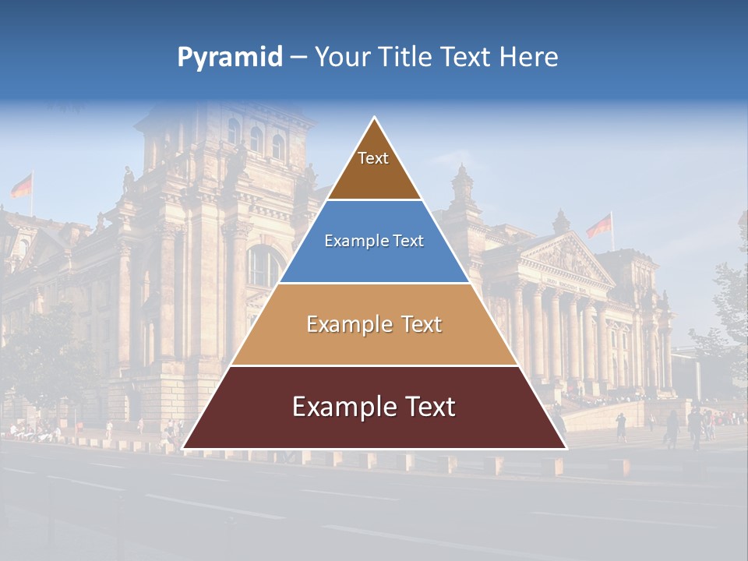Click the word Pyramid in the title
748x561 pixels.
[230, 58]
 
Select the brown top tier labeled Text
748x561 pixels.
[373, 168]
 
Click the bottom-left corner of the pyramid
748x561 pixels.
[185, 447]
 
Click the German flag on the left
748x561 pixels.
[22, 185]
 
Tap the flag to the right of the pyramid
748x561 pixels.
[599, 227]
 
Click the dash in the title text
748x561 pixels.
[298, 58]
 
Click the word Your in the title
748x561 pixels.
[340, 57]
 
